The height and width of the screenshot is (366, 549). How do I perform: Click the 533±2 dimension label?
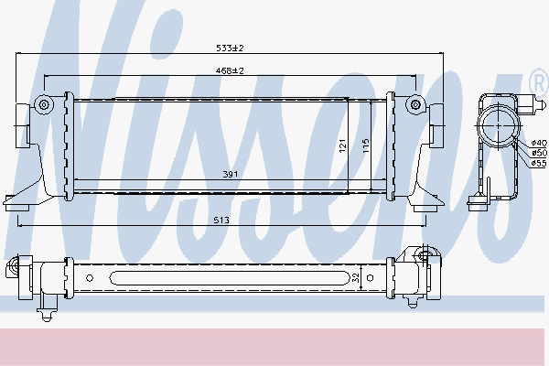[231, 48]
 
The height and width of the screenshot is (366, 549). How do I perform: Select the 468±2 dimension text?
[230, 70]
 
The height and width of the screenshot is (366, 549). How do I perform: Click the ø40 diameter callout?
[539, 143]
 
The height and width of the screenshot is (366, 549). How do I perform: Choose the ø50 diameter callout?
[539, 153]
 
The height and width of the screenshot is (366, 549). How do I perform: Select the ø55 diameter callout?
[539, 163]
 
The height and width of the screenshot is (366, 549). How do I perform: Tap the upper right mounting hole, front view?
[416, 103]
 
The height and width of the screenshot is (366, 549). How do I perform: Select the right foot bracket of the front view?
[423, 205]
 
